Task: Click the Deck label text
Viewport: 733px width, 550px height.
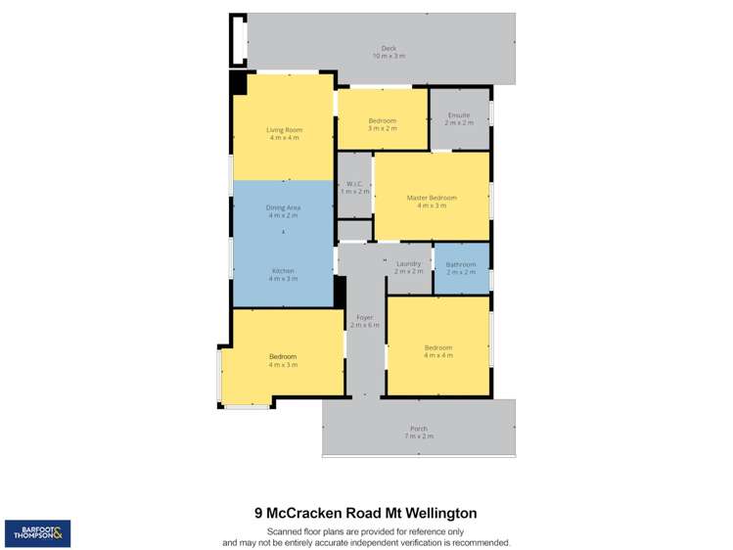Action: [388, 52]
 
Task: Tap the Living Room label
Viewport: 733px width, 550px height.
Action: [284, 134]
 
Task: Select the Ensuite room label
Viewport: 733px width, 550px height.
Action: [458, 118]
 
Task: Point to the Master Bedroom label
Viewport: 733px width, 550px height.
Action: [432, 202]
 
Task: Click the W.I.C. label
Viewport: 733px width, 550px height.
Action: [354, 187]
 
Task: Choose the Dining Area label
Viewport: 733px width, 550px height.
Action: [283, 211]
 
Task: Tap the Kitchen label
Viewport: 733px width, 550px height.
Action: [283, 275]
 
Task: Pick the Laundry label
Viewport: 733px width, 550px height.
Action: [408, 267]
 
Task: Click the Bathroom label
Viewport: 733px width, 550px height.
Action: [461, 268]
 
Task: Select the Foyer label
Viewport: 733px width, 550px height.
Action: [365, 321]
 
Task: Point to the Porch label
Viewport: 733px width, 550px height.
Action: [418, 433]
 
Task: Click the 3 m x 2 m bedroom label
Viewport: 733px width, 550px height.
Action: [382, 124]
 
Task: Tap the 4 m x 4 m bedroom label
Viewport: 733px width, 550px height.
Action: [437, 351]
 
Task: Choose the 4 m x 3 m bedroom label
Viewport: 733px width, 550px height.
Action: [283, 360]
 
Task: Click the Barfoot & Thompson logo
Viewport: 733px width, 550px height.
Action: [37, 533]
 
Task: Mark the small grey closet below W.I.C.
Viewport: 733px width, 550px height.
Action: [354, 231]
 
